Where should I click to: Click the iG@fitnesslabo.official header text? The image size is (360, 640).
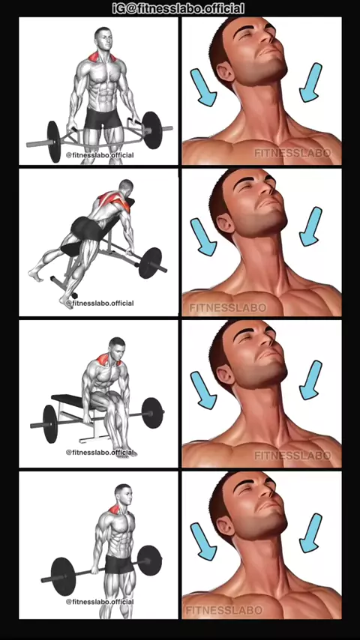pyautogui.click(x=178, y=8)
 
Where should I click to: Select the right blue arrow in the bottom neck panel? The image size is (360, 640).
pyautogui.click(x=311, y=533)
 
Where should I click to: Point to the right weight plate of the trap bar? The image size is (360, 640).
pyautogui.click(x=151, y=130)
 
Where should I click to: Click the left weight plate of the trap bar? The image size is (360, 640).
pyautogui.click(x=53, y=141)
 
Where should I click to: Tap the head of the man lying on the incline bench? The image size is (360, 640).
pyautogui.click(x=126, y=187)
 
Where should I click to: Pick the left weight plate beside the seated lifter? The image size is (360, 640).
pyautogui.click(x=49, y=423)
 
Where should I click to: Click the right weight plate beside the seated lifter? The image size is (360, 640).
pyautogui.click(x=152, y=413)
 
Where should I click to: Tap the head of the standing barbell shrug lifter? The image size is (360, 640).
pyautogui.click(x=123, y=494)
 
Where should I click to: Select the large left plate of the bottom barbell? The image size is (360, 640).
pyautogui.click(x=64, y=576)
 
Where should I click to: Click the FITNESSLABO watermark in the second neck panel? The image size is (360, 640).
pyautogui.click(x=227, y=307)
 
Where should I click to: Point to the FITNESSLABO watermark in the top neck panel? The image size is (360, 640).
pyautogui.click(x=292, y=153)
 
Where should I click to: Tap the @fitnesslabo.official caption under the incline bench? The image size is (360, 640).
pyautogui.click(x=100, y=304)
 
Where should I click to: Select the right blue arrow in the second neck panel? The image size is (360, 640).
pyautogui.click(x=310, y=226)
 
